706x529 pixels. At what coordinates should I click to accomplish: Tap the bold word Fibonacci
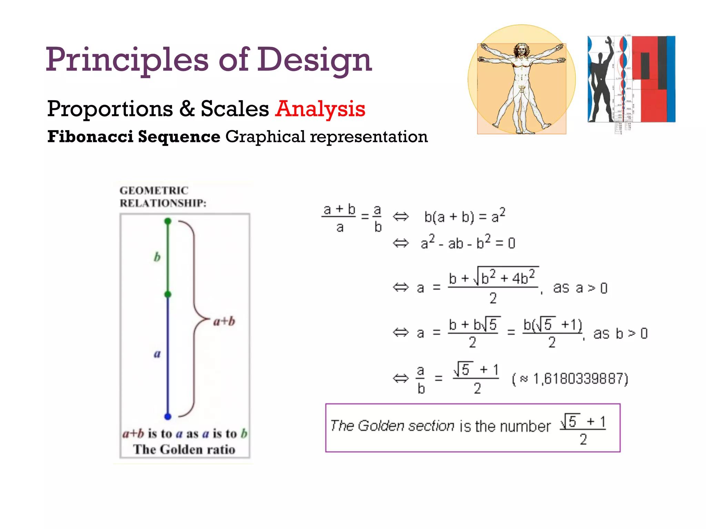coord(91,136)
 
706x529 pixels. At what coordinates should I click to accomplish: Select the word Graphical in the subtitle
coord(265,136)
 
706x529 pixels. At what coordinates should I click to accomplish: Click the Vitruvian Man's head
coord(522,50)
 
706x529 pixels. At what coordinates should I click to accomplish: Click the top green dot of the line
coord(168,221)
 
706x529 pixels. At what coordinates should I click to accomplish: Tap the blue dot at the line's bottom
coord(168,416)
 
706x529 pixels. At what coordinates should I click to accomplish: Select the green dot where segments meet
coord(168,294)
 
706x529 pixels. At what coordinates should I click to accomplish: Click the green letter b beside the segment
coord(157,257)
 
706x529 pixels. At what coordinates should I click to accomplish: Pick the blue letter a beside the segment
coord(157,354)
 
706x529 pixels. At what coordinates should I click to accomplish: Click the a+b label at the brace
coord(224,321)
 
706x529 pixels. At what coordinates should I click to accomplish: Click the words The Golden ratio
coord(184,449)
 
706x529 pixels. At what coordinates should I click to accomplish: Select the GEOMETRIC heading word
coord(154,190)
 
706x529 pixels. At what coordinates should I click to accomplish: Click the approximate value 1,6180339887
coord(581,379)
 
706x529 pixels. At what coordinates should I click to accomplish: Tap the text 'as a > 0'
coord(580,288)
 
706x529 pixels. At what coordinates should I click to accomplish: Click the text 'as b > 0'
coord(620,333)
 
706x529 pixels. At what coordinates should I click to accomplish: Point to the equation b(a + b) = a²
coord(464,216)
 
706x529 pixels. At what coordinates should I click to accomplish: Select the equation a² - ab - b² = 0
coord(467,243)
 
